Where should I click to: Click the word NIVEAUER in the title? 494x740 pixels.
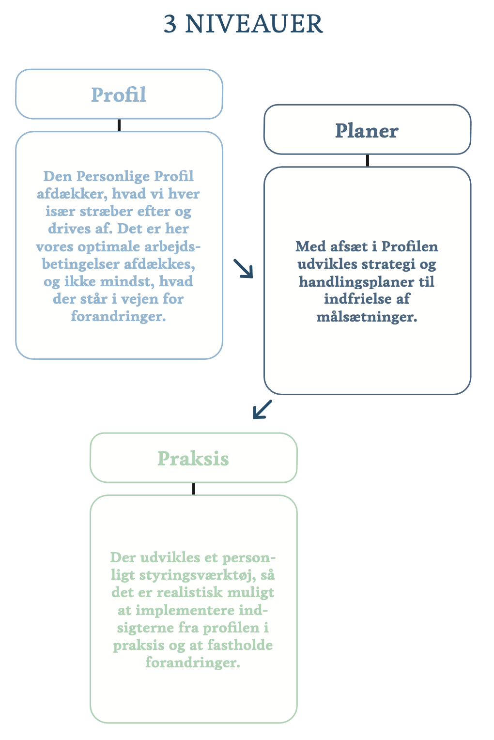(x=254, y=24)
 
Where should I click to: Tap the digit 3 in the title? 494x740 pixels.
(x=170, y=24)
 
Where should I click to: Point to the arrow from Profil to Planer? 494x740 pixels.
(x=243, y=268)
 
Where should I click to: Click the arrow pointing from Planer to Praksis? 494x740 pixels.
(x=262, y=409)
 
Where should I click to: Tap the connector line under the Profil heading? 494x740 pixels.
(x=119, y=125)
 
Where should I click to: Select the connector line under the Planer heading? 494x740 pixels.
(x=368, y=161)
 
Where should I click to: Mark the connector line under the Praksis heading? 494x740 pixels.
(x=194, y=489)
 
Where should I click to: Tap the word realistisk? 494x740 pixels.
(x=190, y=592)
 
